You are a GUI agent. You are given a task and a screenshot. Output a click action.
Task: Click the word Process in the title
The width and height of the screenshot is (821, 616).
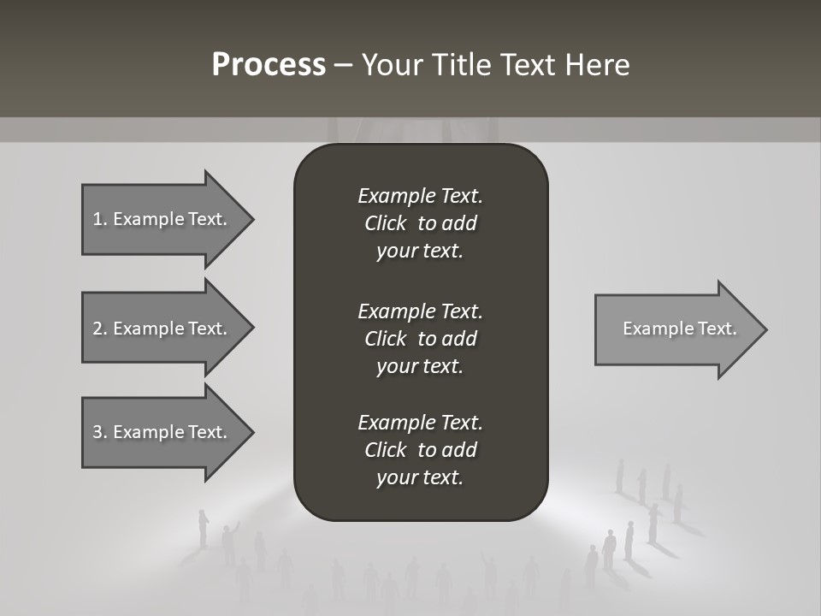[x=269, y=65]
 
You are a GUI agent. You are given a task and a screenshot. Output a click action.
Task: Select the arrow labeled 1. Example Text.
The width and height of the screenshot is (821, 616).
[x=162, y=219]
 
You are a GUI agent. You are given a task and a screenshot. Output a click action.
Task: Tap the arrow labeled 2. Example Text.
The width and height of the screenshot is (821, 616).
[x=162, y=329]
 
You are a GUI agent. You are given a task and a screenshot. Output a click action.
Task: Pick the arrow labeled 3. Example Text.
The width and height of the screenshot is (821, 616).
[x=162, y=432]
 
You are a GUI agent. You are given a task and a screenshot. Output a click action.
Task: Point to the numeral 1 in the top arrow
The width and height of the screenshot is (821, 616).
[x=97, y=219]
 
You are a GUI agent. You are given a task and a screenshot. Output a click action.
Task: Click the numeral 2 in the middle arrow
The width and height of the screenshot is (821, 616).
[x=97, y=329]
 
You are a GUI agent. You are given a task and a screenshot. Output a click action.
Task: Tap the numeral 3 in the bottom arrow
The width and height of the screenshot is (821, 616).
[x=97, y=432]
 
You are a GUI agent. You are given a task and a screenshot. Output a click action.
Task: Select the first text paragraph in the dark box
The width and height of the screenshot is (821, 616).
[x=420, y=223]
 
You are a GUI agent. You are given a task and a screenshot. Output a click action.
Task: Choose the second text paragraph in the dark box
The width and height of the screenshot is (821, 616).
[x=420, y=339]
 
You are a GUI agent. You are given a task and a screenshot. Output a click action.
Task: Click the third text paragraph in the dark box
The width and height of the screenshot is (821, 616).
[x=420, y=450]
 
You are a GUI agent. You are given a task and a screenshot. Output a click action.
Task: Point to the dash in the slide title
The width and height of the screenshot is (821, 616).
[x=343, y=66]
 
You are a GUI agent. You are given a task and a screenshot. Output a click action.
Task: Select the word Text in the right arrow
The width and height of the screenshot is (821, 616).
[x=718, y=329]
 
